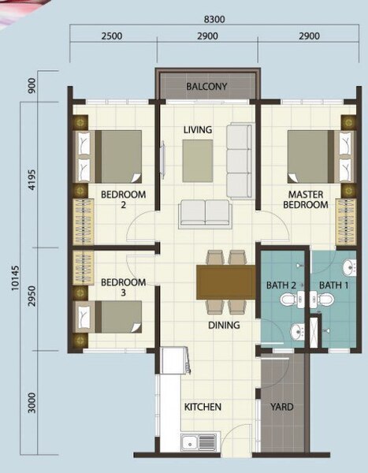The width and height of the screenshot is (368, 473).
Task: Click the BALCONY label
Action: coord(206,87)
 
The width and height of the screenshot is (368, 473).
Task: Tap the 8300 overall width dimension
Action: coord(214,19)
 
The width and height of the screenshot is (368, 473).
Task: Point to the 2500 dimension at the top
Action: coord(112,36)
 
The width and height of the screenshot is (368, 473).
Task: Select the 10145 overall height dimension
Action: coord(15,277)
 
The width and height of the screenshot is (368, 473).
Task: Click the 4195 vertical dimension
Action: coord(32,180)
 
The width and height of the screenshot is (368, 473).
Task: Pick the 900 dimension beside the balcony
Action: coord(32,86)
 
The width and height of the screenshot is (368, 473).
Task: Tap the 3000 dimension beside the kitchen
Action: coord(32,403)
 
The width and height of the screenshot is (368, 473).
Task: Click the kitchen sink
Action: coord(199,442)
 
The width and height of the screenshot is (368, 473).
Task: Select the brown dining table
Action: coord(226,282)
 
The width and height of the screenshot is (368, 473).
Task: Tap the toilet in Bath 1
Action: coord(322,300)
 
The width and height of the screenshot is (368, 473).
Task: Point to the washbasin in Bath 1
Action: coord(349,267)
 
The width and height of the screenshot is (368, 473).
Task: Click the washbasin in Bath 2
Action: coord(297,332)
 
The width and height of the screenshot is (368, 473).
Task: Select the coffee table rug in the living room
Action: coord(198,161)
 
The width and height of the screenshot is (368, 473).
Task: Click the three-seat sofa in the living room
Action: coord(240,161)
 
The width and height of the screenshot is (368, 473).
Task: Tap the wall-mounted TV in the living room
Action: coord(163,156)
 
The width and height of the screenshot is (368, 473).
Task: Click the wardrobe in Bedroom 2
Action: coord(84,222)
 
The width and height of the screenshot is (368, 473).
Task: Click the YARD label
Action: coord(282,407)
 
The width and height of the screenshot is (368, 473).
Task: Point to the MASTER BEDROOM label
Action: coord(306,199)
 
